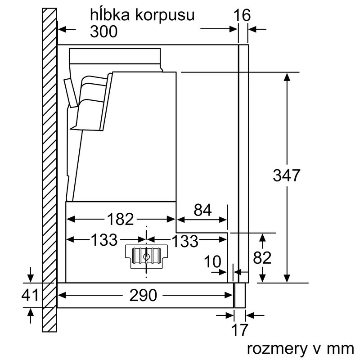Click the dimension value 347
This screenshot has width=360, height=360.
[286, 175]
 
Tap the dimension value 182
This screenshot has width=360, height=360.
[121, 219]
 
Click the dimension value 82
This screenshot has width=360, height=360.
[262, 258]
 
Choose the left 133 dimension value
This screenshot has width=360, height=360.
[104, 240]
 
